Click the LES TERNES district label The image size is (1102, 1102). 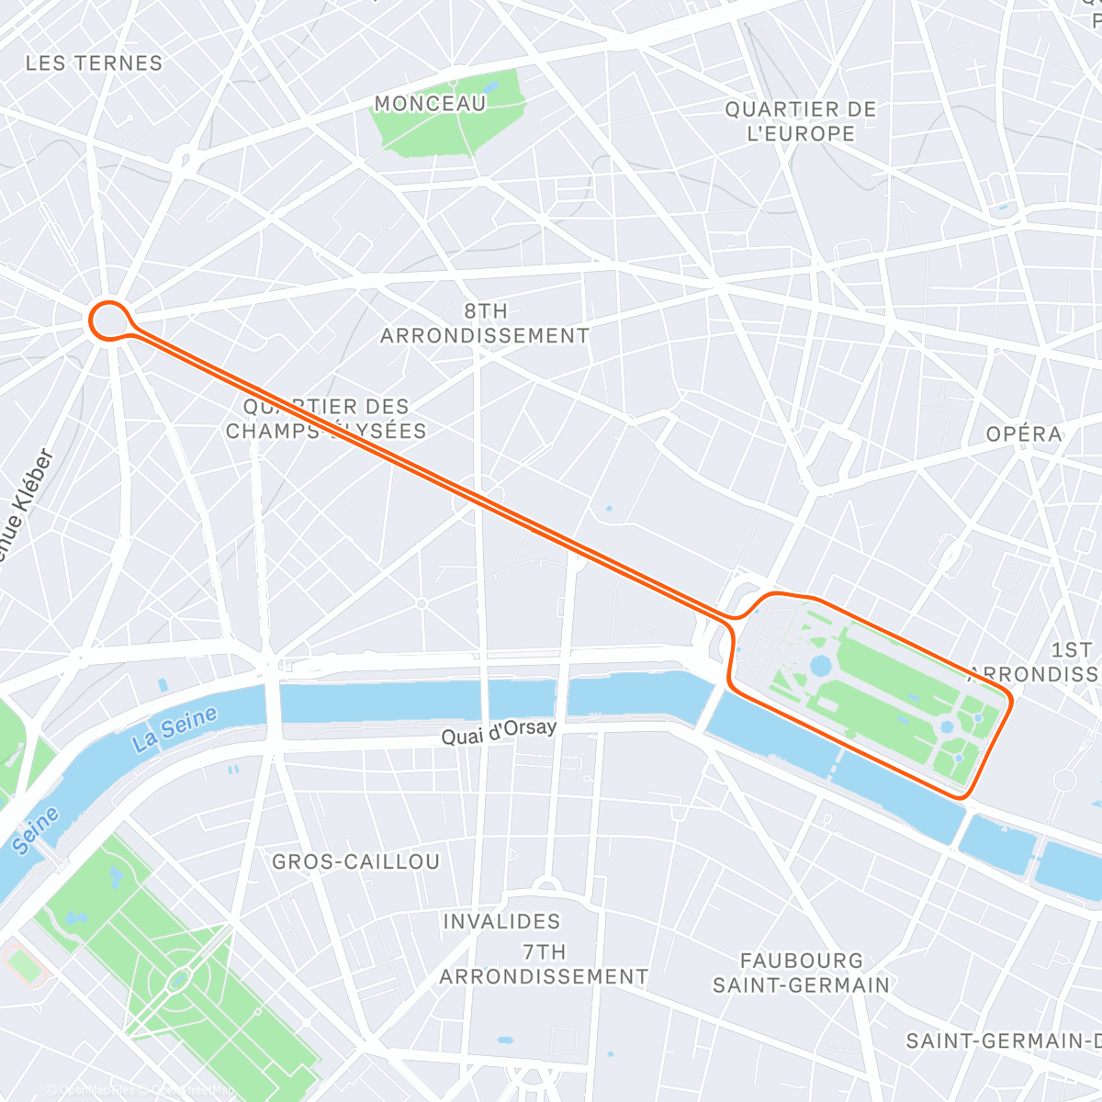94,63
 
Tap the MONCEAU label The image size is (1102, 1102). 430,104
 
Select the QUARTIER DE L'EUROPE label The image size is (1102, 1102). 801,121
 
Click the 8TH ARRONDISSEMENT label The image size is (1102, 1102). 485,323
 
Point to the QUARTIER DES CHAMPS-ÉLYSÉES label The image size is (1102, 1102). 326,419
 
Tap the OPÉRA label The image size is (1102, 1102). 1024,433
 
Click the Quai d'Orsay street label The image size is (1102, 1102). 499,732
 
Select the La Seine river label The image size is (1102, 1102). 174,729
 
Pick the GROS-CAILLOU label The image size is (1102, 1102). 356,861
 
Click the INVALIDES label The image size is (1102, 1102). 501,921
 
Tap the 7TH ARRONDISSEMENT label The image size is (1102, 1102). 544,964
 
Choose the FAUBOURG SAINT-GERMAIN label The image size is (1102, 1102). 801,973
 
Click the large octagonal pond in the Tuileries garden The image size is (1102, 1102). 820,664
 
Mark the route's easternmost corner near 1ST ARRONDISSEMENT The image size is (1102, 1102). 1010,702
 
